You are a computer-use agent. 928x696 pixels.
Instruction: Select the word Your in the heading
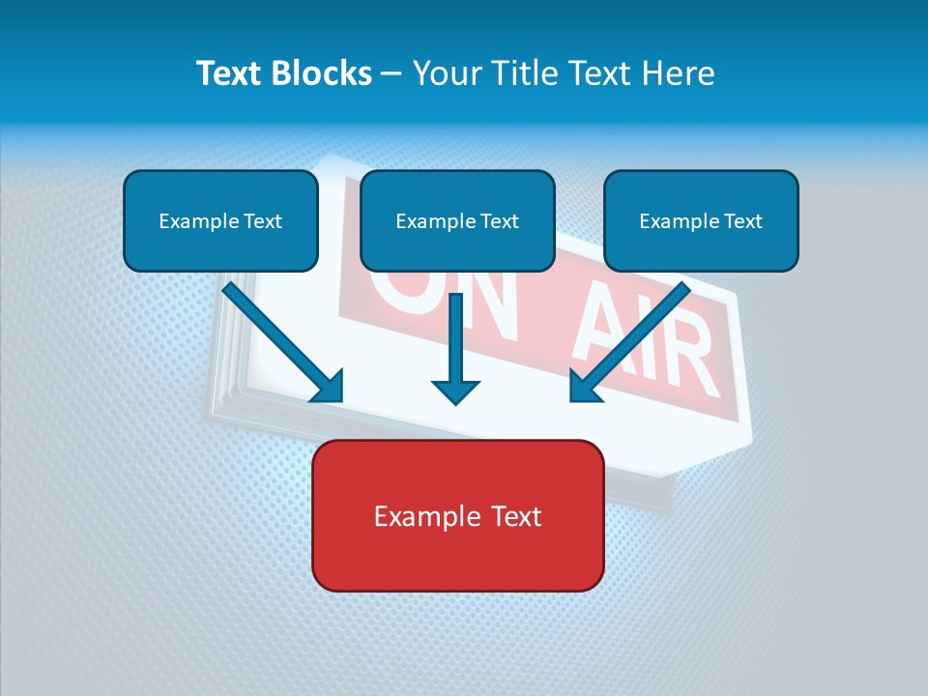pyautogui.click(x=447, y=73)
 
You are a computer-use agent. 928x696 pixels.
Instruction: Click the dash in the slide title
pyautogui.click(x=391, y=74)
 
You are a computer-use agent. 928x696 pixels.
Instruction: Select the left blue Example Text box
pyautogui.click(x=220, y=220)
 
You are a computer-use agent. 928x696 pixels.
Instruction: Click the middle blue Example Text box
pyautogui.click(x=457, y=220)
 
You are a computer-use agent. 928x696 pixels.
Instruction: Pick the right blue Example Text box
pyautogui.click(x=701, y=220)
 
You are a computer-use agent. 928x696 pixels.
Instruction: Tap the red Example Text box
pyautogui.click(x=457, y=515)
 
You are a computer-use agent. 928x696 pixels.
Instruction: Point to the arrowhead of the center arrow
pyautogui.click(x=455, y=391)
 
